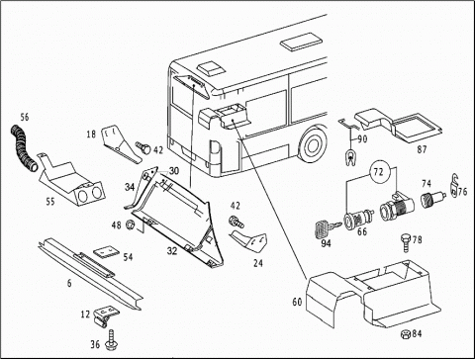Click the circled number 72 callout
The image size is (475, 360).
point(379,171)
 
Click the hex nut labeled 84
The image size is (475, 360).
point(406,334)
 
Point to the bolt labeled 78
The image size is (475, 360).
point(406,243)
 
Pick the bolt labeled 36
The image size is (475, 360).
point(110,339)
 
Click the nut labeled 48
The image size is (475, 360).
point(130,225)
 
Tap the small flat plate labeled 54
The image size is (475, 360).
point(106,253)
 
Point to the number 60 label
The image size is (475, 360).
point(297,302)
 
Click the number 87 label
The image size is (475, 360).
point(422,149)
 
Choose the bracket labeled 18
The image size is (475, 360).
point(121,143)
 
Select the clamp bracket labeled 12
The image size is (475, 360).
point(106,315)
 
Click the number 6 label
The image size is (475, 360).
point(69,283)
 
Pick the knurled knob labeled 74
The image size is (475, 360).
point(432,199)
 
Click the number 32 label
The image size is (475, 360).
point(172,251)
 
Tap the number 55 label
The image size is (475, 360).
point(50,201)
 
